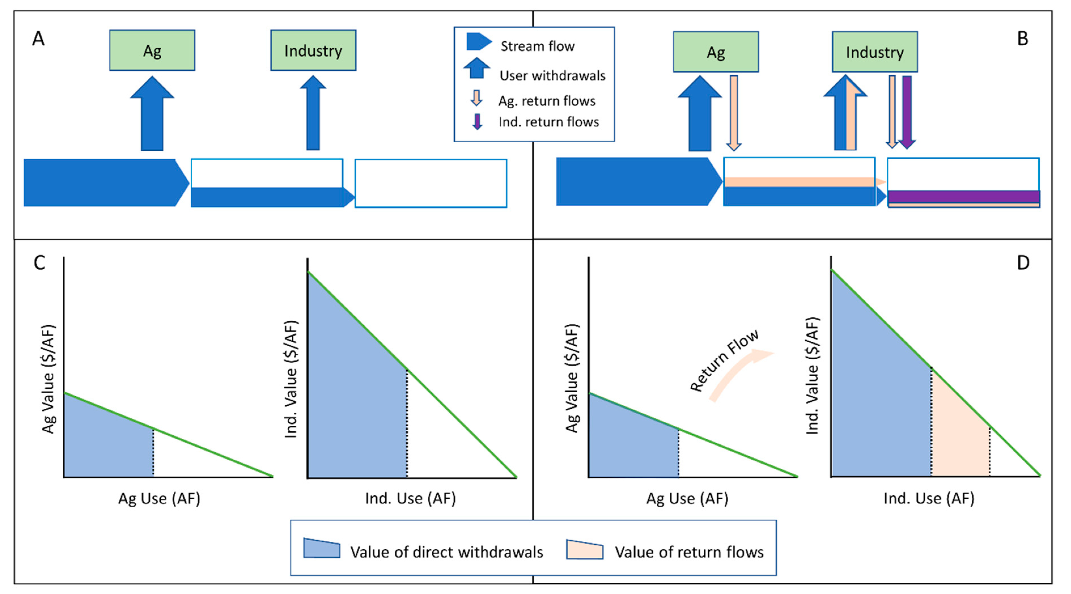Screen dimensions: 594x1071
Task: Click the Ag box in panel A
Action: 152,50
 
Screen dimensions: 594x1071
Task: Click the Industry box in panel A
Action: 313,50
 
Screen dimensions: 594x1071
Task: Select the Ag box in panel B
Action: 716,52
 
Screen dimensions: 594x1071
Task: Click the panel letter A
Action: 38,39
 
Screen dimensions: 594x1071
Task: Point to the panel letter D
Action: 1023,263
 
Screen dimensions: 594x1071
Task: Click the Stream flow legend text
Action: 537,46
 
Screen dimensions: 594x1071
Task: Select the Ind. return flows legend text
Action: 548,122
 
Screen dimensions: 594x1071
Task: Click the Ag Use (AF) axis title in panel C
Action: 159,498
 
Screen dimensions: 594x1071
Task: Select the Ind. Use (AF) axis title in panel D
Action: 929,498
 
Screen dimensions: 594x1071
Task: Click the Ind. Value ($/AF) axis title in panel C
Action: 291,379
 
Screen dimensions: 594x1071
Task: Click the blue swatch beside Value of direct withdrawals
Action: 321,549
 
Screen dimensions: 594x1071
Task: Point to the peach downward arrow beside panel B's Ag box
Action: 734,112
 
